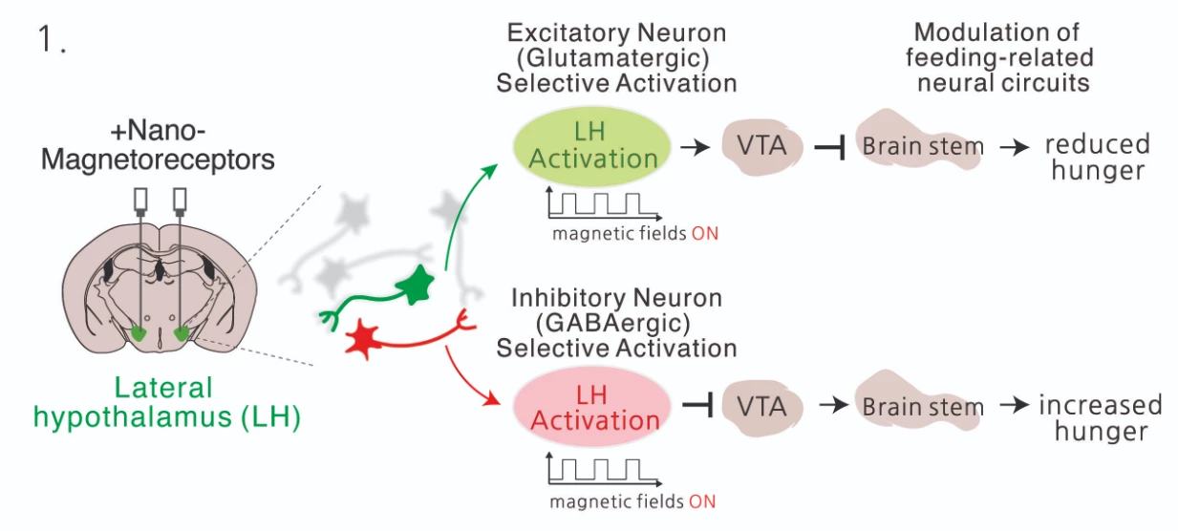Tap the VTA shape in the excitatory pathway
tap(760, 146)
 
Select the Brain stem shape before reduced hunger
tap(920, 146)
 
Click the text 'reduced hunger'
tap(1096, 158)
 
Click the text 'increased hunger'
tap(1100, 417)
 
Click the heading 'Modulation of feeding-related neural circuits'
tap(1003, 57)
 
